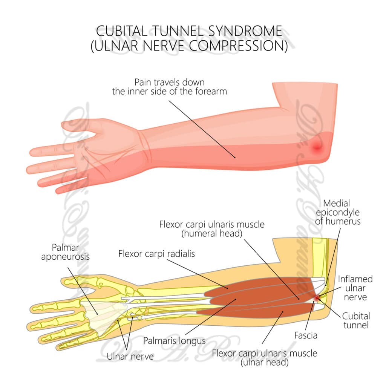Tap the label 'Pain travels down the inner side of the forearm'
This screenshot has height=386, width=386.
click(x=169, y=86)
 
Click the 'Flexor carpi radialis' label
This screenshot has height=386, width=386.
click(x=156, y=254)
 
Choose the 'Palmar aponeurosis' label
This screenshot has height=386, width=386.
click(x=71, y=252)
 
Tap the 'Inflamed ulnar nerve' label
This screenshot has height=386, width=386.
click(x=355, y=288)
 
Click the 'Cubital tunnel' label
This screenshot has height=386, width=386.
click(x=356, y=320)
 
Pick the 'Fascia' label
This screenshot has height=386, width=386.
click(x=306, y=334)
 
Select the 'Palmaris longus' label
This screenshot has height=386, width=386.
click(x=174, y=341)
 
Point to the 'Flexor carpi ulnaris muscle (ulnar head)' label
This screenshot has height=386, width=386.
click(x=264, y=358)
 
